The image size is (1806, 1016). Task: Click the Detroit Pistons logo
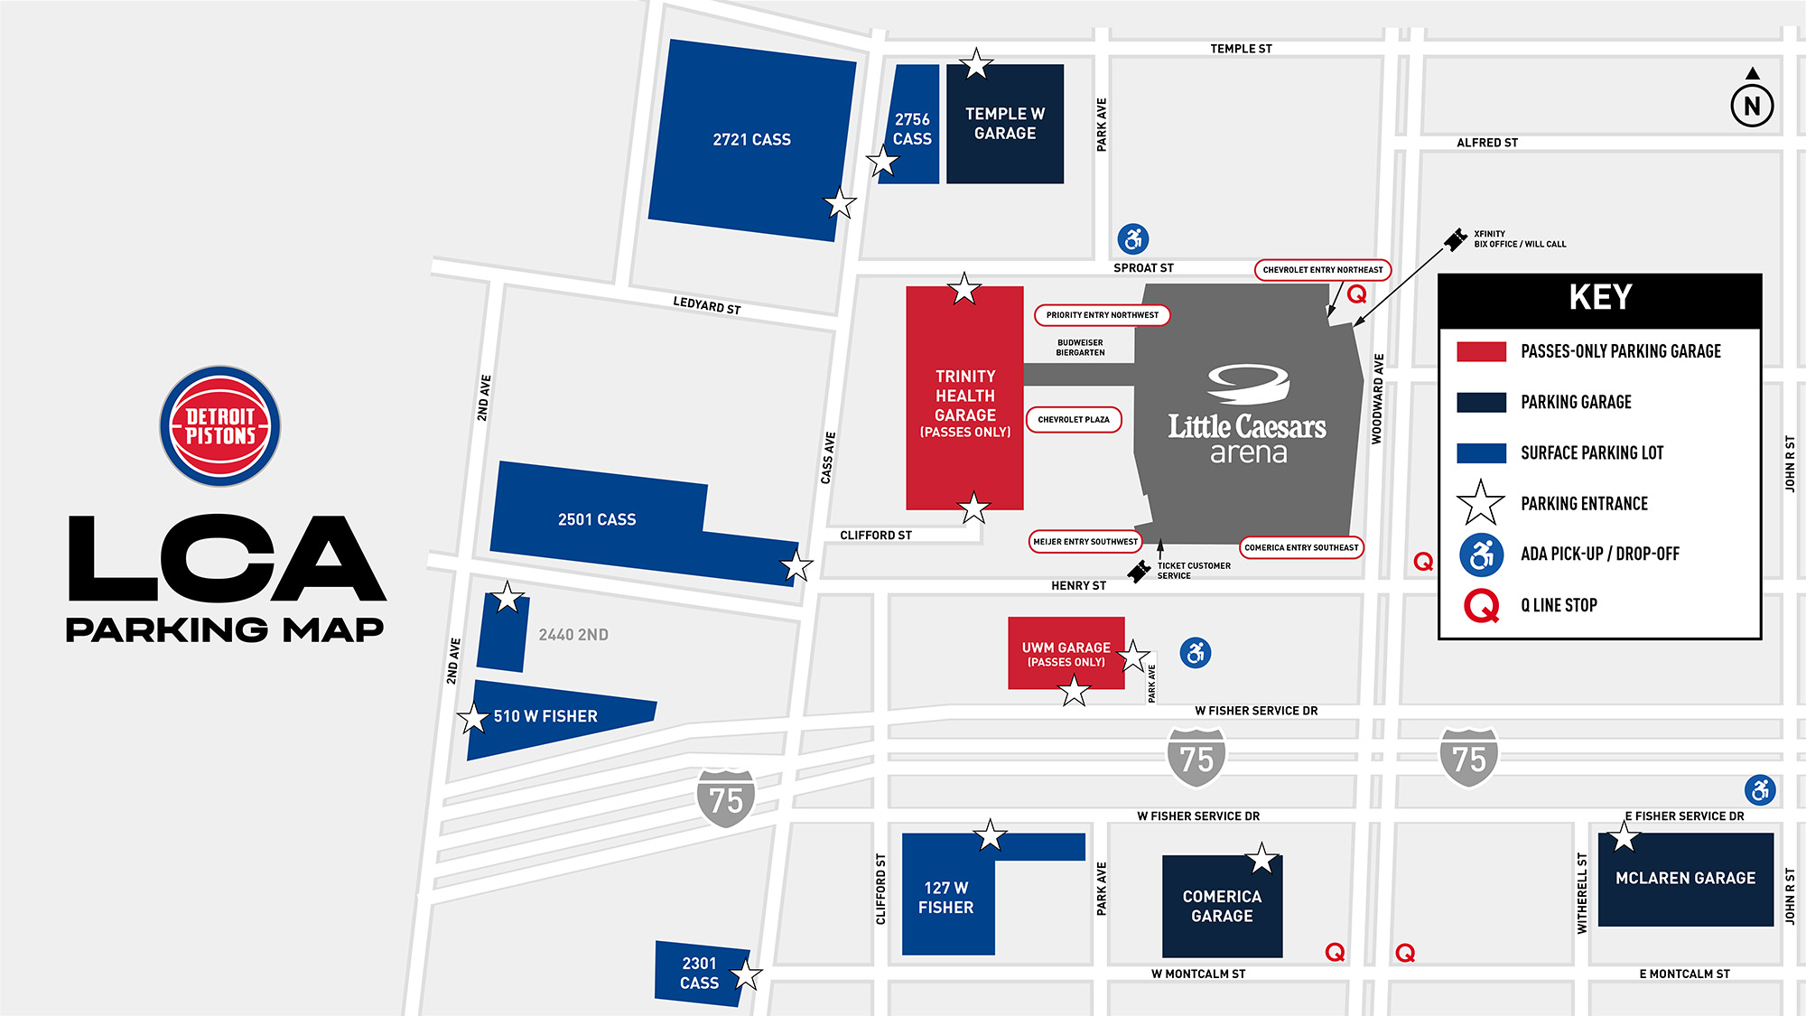point(219,426)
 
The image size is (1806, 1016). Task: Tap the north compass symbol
point(1752,105)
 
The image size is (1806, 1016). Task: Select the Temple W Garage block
point(1005,124)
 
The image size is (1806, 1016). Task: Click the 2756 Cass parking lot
point(912,128)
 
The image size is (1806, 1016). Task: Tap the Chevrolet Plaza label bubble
point(1074,420)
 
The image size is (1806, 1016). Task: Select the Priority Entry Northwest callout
point(1102,315)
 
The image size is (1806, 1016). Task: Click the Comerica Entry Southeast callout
point(1301,547)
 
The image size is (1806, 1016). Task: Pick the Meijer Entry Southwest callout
point(1085,542)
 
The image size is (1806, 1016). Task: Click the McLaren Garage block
point(1685,879)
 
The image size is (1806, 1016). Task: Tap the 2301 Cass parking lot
point(700,974)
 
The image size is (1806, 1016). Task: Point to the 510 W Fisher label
point(545,716)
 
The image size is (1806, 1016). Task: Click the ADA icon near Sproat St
point(1133,239)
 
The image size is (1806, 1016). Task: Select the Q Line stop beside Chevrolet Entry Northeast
point(1356,294)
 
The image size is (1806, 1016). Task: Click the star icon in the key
point(1481,503)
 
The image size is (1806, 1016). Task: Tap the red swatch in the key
point(1481,351)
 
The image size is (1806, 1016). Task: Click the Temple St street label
point(1241,49)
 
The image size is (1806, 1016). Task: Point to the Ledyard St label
point(706,305)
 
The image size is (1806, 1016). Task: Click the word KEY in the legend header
point(1600,297)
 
